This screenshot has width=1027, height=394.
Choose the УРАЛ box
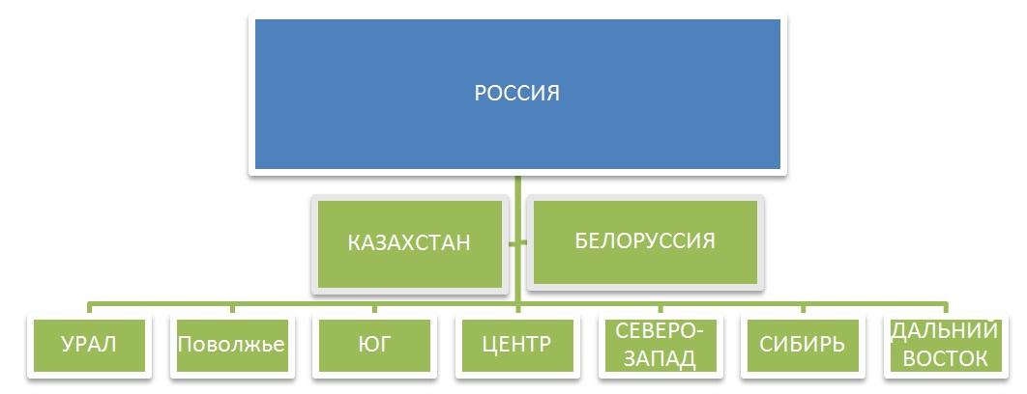pos(89,345)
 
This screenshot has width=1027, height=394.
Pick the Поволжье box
pos(231,345)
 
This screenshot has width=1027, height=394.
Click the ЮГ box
pos(374,345)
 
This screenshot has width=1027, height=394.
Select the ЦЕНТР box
pos(516,345)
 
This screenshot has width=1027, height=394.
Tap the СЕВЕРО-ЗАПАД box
pos(660,345)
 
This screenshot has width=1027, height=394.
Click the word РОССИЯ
pos(516,94)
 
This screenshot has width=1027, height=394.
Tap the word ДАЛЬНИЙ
pos(943,331)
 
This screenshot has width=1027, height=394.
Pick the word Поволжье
pos(231,345)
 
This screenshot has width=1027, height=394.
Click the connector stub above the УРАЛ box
pos(89,309)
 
